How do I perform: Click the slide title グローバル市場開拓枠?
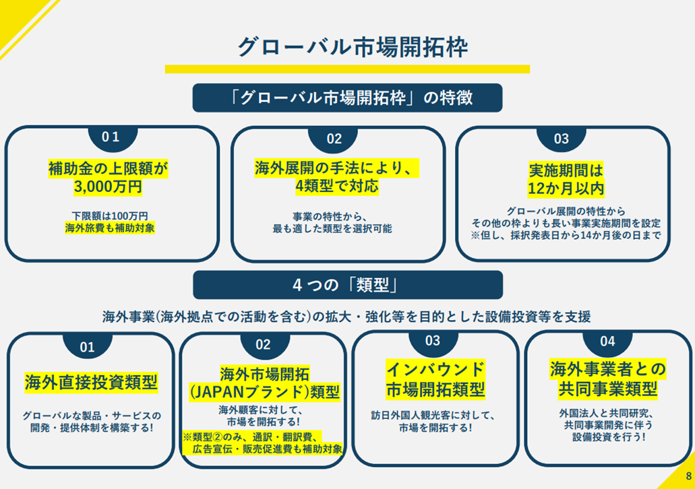pyautogui.click(x=347, y=47)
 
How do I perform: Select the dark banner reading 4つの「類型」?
pyautogui.click(x=347, y=285)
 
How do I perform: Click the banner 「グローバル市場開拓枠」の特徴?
pyautogui.click(x=347, y=98)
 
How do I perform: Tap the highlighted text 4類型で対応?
pyautogui.click(x=336, y=185)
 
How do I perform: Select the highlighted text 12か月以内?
pyautogui.click(x=562, y=187)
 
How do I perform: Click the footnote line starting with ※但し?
pyautogui.click(x=565, y=236)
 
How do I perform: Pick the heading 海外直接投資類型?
pyautogui.click(x=91, y=383)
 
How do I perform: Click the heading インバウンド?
pyautogui.click(x=435, y=369)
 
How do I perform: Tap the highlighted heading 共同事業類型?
pyautogui.click(x=607, y=389)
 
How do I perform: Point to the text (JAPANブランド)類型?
pyautogui.click(x=264, y=392)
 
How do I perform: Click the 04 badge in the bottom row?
pyautogui.click(x=607, y=341)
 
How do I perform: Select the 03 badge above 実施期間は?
pyautogui.click(x=562, y=139)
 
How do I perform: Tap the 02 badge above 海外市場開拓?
pyautogui.click(x=263, y=345)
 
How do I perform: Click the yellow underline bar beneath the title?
pyautogui.click(x=347, y=69)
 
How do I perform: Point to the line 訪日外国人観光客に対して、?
pyautogui.click(x=435, y=414)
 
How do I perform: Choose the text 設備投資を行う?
pyautogui.click(x=607, y=436)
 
